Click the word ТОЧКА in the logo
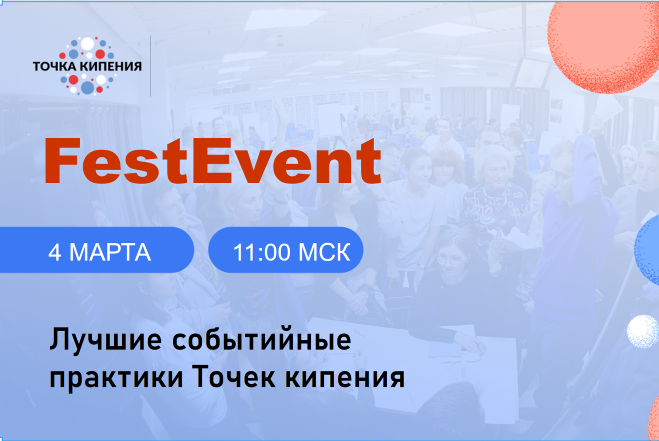[x=55, y=66]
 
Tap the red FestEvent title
[x=213, y=161]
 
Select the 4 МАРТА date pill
[x=96, y=250]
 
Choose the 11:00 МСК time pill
[x=286, y=250]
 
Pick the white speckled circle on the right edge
[x=643, y=332]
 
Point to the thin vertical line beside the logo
[x=150, y=66]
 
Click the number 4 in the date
[x=55, y=253]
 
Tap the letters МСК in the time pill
[x=324, y=253]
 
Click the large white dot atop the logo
[x=87, y=44]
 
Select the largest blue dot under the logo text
[x=87, y=88]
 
